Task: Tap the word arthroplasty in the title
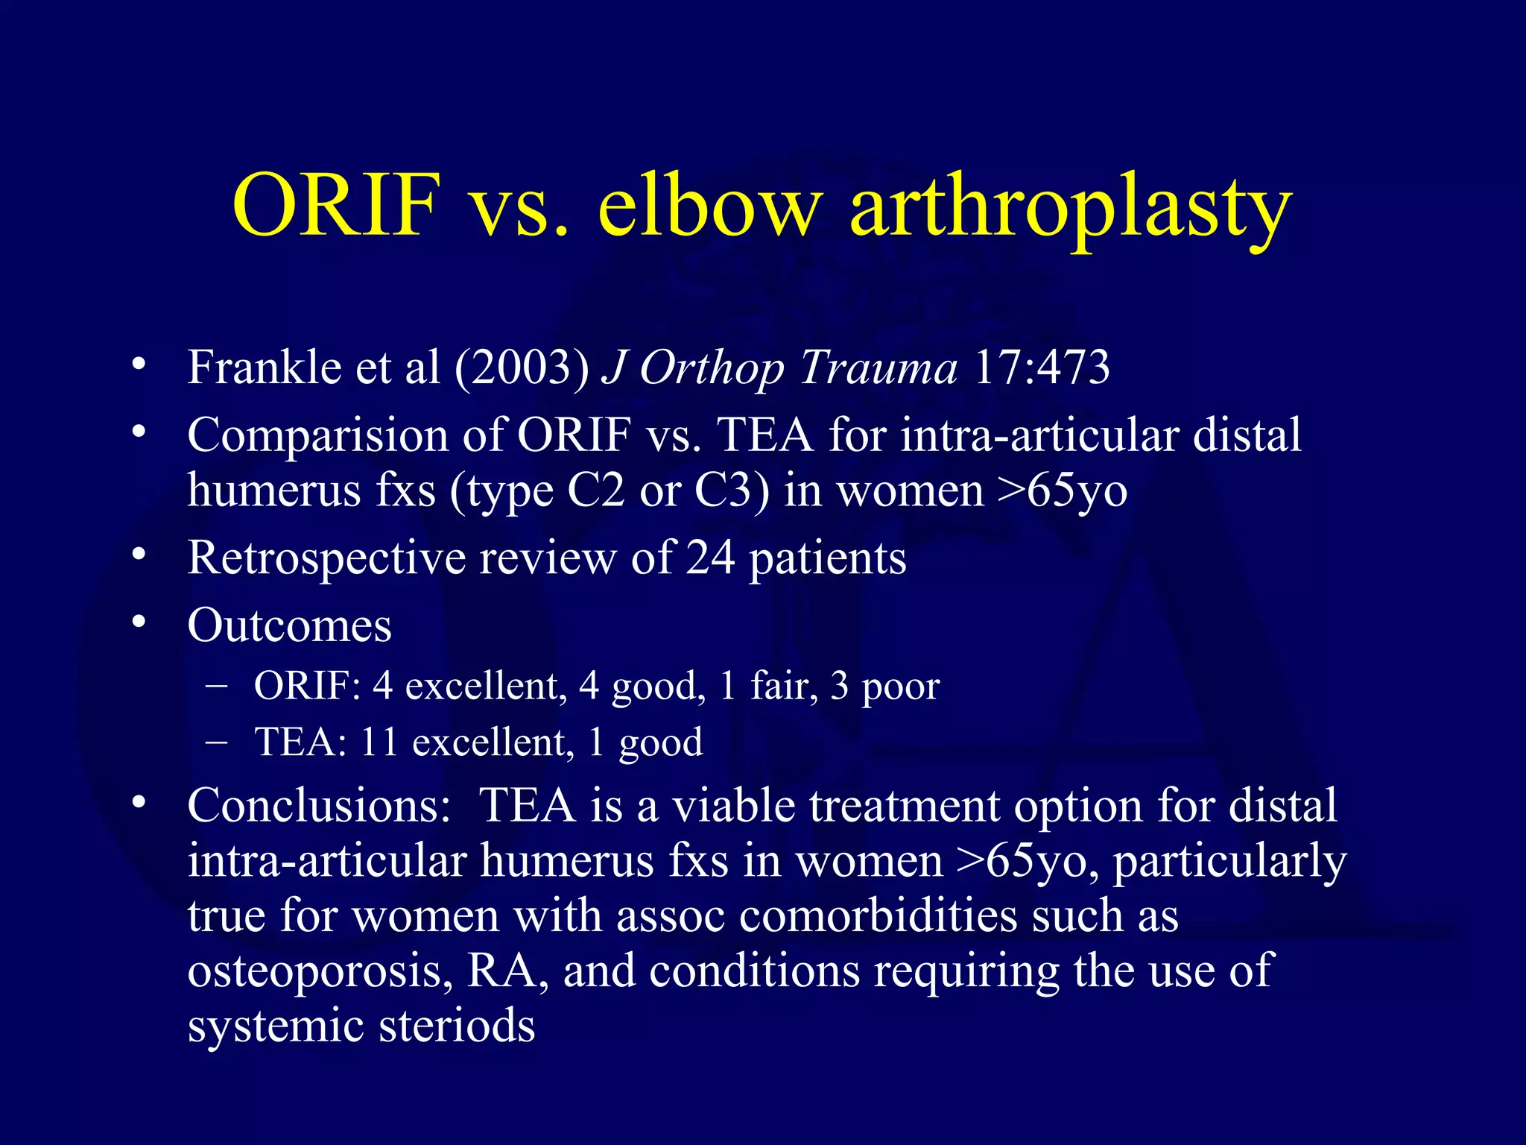point(1070,209)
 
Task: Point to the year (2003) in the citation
point(522,368)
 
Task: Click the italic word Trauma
point(878,368)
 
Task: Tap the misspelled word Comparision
point(317,435)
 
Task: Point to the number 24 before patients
point(709,558)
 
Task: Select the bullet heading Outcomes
point(289,625)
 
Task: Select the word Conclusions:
point(319,806)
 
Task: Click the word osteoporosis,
point(320,972)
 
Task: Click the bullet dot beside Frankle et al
point(138,365)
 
